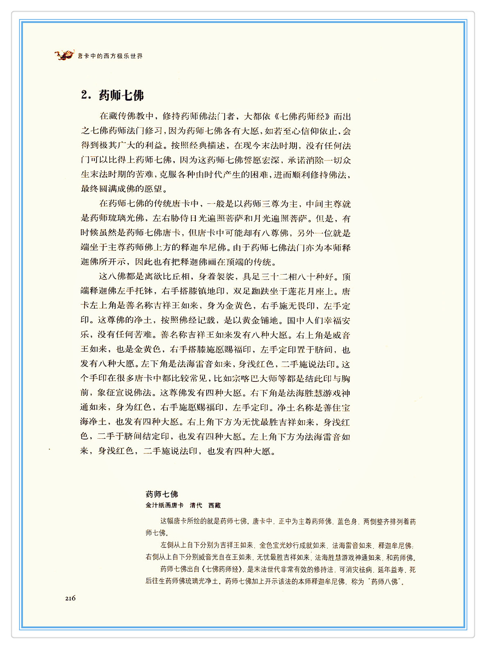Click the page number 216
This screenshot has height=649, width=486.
pyautogui.click(x=70, y=598)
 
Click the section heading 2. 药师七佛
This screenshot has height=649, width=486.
pyautogui.click(x=112, y=95)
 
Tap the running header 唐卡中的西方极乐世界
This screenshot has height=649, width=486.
pyautogui.click(x=110, y=56)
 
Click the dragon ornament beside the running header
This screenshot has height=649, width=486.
pyautogui.click(x=64, y=54)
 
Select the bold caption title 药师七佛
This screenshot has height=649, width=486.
pyautogui.click(x=162, y=494)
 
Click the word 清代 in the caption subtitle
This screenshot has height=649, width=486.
pyautogui.click(x=196, y=505)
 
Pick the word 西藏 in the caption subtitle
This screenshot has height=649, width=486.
pyautogui.click(x=215, y=505)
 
